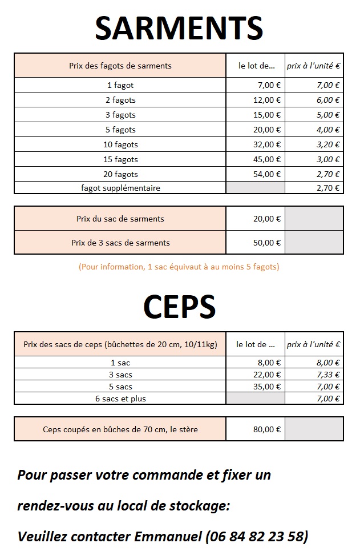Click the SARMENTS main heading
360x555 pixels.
coord(179,28)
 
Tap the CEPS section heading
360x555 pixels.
coord(179,307)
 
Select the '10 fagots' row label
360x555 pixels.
coord(120,144)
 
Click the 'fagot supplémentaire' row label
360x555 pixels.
coord(120,188)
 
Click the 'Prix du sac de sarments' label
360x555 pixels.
coord(120,219)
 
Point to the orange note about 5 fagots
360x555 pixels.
coord(179,267)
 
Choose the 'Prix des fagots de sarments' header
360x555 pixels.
coord(120,66)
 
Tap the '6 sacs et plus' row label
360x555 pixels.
coord(120,399)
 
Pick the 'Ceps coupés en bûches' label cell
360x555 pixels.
coord(120,429)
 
